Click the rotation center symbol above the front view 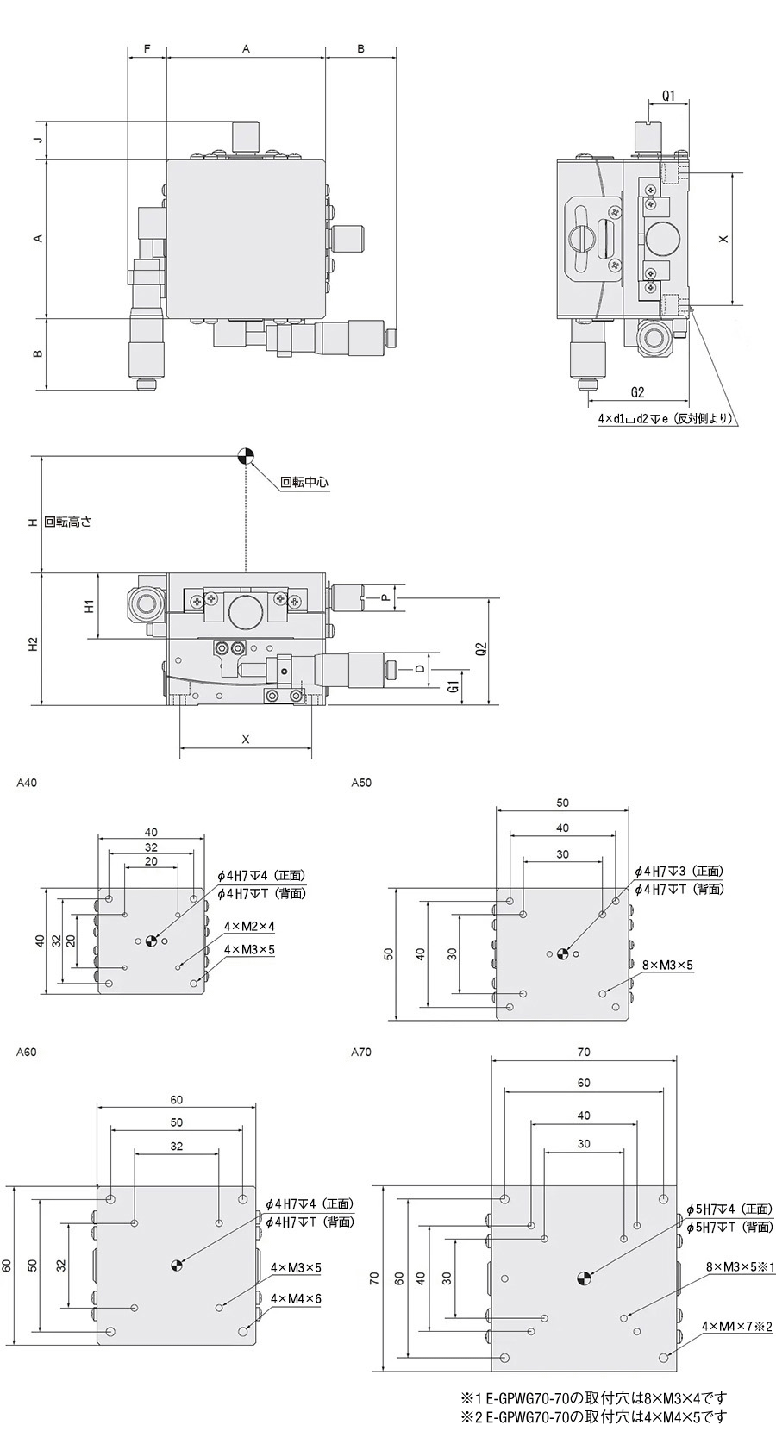[247, 455]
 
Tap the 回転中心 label [304, 483]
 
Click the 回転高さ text [68, 522]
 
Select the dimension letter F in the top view [147, 49]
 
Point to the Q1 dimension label [668, 96]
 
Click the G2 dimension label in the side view [637, 392]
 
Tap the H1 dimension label [89, 606]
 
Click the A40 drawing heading [27, 783]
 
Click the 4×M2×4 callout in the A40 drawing [248, 926]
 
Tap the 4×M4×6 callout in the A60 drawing [295, 1298]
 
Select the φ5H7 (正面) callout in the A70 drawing [729, 1209]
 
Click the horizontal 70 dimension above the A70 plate [584, 1052]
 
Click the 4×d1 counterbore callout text [666, 419]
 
